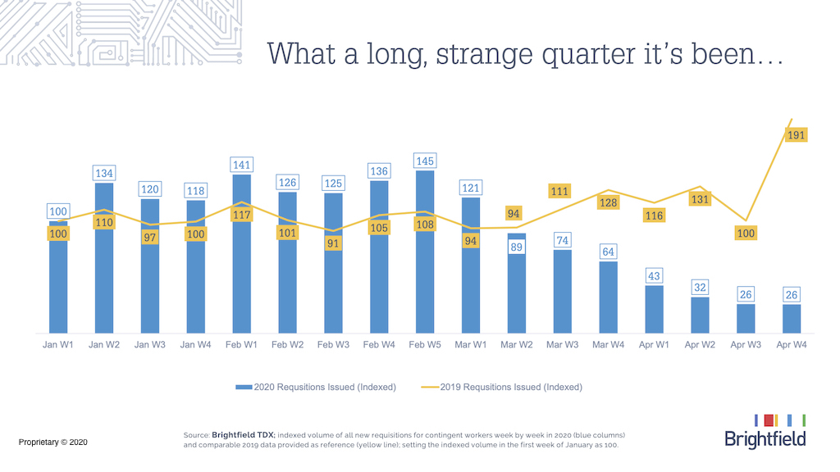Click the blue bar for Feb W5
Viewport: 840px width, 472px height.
(425, 262)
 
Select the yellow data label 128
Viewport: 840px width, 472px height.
(608, 203)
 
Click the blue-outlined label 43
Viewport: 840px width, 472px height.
(654, 276)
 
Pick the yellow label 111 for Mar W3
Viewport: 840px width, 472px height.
(559, 192)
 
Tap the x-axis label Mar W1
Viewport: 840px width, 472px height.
(471, 345)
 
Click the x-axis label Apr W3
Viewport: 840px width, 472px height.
(746, 345)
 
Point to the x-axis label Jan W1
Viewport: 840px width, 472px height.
(58, 345)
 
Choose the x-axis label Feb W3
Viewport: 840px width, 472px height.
(333, 345)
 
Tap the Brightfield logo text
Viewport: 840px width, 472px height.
(765, 439)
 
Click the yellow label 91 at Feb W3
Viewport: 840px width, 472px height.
(333, 243)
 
